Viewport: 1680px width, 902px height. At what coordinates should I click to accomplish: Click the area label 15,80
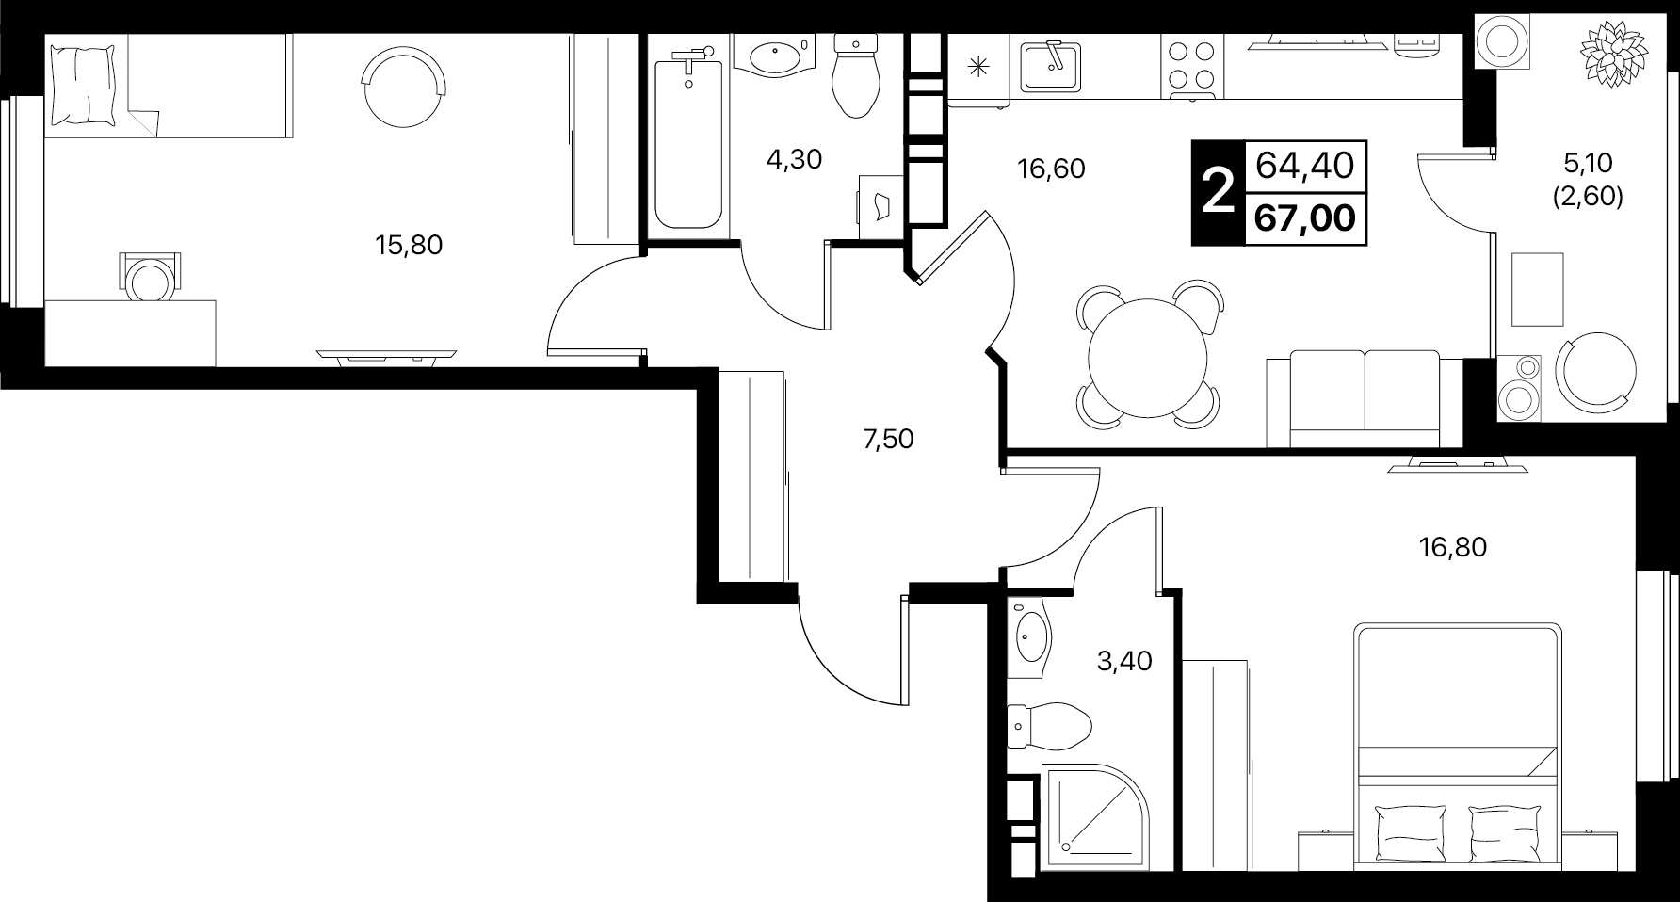[409, 246]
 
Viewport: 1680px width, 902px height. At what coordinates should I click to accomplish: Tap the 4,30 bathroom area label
[794, 160]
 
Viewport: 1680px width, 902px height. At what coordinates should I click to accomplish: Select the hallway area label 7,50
[888, 439]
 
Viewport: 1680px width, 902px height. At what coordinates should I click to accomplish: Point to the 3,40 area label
[1124, 662]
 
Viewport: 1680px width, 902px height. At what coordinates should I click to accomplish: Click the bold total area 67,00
[1305, 219]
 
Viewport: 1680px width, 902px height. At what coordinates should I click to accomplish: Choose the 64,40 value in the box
[1305, 167]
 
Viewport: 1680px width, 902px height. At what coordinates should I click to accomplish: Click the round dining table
[1147, 358]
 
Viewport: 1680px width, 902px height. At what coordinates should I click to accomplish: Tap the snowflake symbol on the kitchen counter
[979, 66]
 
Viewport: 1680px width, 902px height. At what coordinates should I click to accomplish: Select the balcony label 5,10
[1588, 164]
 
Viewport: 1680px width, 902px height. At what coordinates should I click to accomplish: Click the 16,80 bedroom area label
[1452, 547]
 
